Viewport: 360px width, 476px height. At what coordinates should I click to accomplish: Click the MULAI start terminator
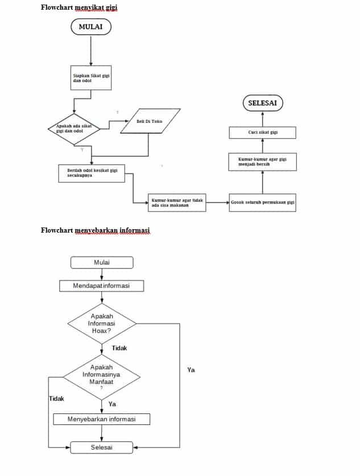90,27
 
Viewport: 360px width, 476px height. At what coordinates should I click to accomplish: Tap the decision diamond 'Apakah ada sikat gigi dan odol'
75,129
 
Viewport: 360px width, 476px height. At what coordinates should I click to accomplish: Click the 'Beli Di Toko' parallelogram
151,121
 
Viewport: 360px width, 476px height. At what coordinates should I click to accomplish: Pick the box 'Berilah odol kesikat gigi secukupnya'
92,173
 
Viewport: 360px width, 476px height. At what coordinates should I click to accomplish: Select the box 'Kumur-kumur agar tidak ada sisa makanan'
177,202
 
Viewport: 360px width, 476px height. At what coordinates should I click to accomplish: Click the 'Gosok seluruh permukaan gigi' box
262,202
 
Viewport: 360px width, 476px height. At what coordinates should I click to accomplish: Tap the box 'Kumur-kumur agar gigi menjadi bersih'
262,162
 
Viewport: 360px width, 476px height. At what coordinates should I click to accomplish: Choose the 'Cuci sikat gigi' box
262,133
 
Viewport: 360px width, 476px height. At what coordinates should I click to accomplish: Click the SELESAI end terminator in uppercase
262,103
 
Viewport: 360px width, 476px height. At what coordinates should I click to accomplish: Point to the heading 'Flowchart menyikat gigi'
80,7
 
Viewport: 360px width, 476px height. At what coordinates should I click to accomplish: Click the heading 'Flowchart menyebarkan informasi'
95,230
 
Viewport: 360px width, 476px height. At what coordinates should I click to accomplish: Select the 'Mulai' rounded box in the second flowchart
102,262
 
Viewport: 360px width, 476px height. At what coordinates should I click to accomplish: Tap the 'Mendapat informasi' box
101,285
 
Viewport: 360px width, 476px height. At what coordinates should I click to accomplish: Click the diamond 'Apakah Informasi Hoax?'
102,323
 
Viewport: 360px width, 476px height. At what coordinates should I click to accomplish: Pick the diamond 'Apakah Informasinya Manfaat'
101,375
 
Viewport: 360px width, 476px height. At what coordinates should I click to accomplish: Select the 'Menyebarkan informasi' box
101,419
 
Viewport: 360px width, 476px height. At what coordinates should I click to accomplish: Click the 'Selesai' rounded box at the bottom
102,448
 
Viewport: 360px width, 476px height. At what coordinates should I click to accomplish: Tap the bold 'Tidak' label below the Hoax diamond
119,348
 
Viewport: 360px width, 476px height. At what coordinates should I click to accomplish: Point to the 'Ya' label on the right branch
191,370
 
